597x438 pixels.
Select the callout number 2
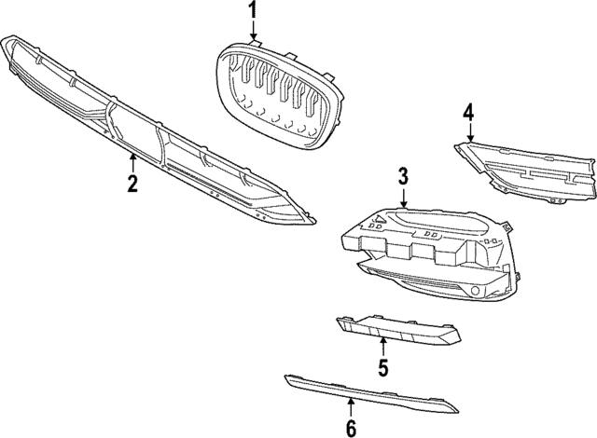(x=133, y=183)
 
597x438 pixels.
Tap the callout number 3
(x=403, y=174)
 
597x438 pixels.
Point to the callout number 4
(x=469, y=114)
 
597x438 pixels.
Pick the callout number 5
(x=382, y=367)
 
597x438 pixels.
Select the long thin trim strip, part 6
(x=373, y=391)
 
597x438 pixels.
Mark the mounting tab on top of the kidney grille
(x=254, y=43)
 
